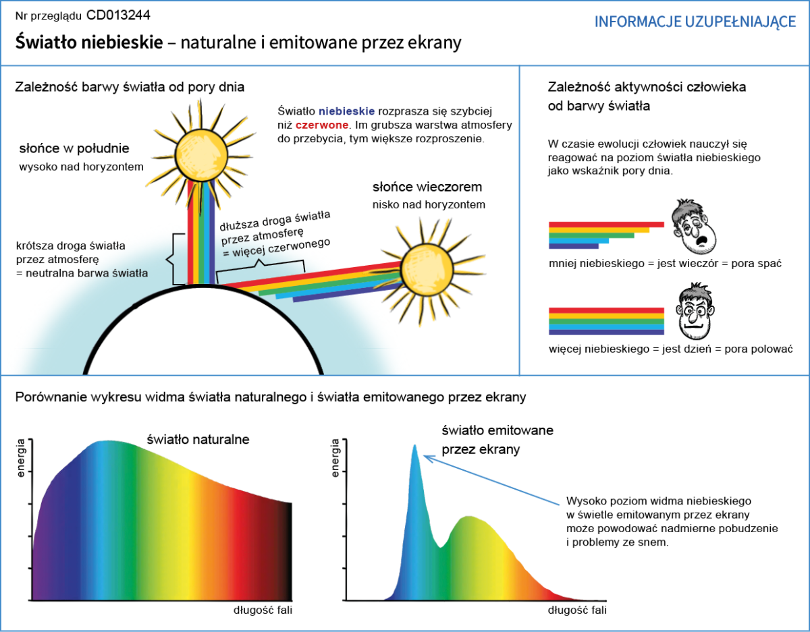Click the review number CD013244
pyautogui.click(x=118, y=15)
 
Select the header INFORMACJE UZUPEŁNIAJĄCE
pyautogui.click(x=695, y=22)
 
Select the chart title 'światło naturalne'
pyautogui.click(x=198, y=439)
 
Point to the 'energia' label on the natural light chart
pyautogui.click(x=20, y=459)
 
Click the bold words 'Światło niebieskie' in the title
pyautogui.click(x=89, y=43)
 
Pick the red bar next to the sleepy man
pyautogui.click(x=606, y=225)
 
